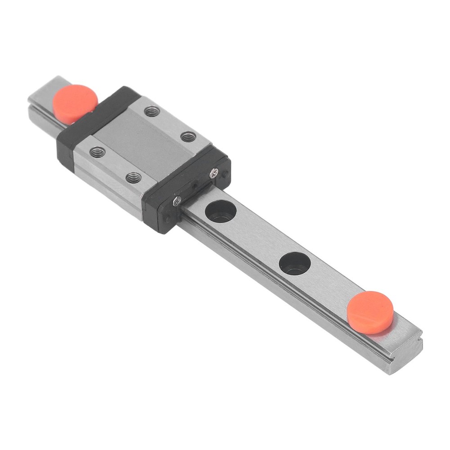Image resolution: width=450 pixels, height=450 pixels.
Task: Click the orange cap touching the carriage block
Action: pos(75,103)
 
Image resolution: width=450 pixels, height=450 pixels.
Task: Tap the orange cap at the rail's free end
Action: pos(370,312)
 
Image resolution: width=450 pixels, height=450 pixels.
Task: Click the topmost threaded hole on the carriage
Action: pos(153,111)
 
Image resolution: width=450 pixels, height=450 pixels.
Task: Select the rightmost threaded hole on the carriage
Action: pos(188,135)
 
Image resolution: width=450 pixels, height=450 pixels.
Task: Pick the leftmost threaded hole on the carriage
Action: pos(97,152)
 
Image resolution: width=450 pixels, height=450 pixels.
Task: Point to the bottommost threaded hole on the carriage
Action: pos(133,178)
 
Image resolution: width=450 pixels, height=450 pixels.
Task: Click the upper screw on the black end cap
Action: pos(214,171)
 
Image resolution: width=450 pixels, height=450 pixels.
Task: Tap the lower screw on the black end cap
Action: pos(177,201)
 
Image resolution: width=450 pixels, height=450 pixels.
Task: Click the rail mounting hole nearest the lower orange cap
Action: pos(295,263)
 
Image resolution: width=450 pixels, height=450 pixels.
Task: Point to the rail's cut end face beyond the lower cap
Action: pos(405,355)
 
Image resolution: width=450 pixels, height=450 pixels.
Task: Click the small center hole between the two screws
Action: pos(194,185)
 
